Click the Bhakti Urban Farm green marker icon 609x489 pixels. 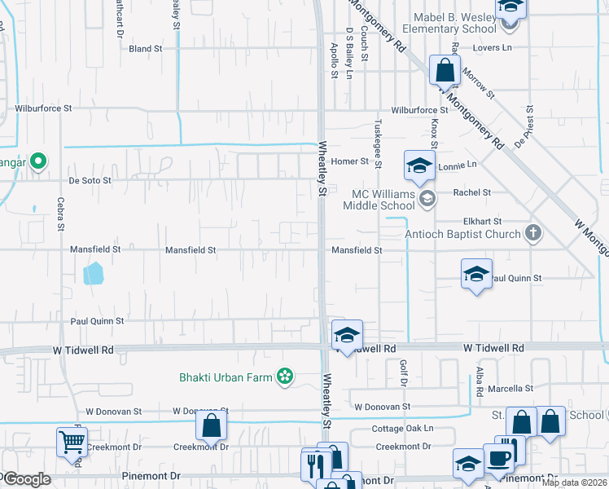click(284, 377)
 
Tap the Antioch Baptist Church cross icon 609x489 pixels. click(533, 234)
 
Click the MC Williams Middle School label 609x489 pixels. click(383, 199)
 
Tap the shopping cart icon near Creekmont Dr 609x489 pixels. click(72, 443)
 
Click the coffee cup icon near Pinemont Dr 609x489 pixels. click(498, 458)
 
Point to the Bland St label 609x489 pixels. click(146, 49)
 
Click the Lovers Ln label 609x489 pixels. click(495, 48)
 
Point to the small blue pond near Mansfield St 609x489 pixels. click(94, 272)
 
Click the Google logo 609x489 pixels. click(26, 479)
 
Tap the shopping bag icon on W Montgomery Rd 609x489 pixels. click(445, 70)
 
